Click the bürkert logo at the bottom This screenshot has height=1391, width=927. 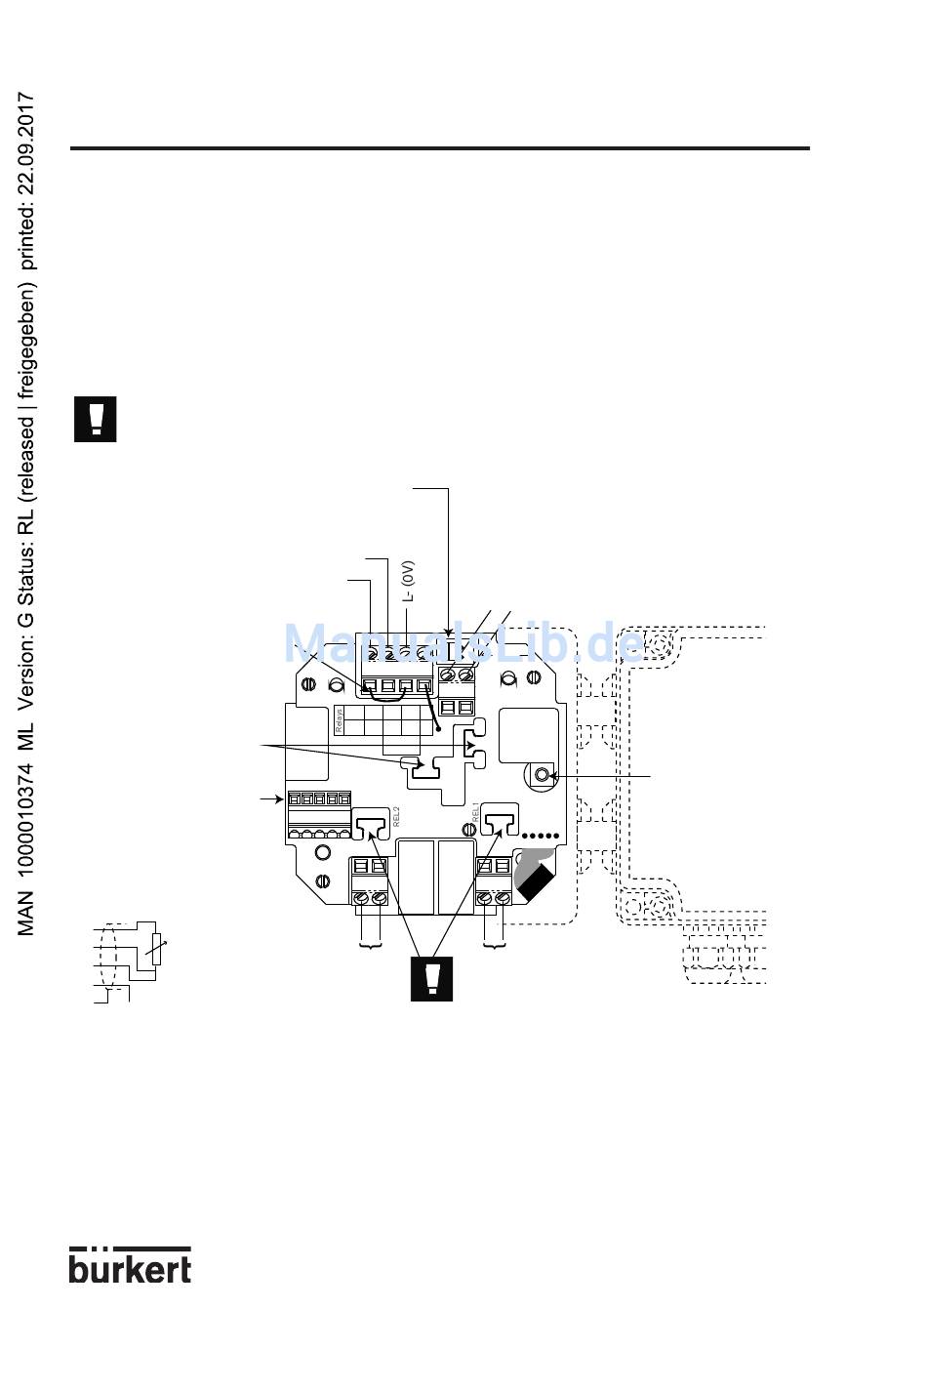pos(130,1264)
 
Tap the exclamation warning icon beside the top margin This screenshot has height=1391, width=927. pos(96,419)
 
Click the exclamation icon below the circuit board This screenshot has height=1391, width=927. pos(431,978)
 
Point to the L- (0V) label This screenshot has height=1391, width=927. pos(409,580)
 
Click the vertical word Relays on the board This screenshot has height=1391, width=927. pos(340,720)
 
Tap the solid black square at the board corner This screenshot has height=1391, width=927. pos(534,883)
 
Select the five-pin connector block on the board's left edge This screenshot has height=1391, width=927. pos(318,816)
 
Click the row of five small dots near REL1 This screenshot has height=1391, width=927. pos(541,837)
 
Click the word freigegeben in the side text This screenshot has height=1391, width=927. pos(27,356)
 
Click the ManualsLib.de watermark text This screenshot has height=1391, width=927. pos(463,643)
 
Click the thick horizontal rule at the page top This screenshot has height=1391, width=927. pos(439,148)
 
